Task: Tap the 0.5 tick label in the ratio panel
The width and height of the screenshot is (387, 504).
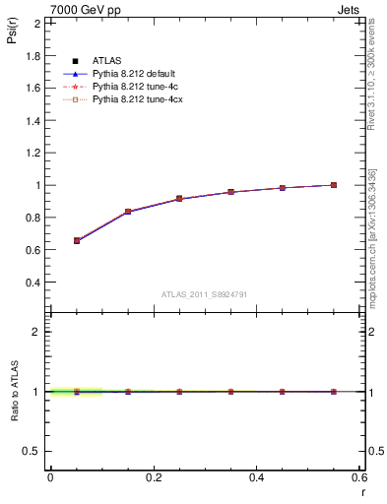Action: [34, 451]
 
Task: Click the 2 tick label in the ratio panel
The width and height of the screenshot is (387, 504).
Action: [38, 332]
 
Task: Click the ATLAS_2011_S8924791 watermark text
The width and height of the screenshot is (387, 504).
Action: [203, 294]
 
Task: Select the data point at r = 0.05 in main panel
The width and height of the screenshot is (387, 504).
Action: [77, 240]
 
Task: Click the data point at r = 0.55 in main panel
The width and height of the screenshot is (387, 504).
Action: [334, 185]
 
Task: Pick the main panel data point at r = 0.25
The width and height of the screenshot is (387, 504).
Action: [179, 199]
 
